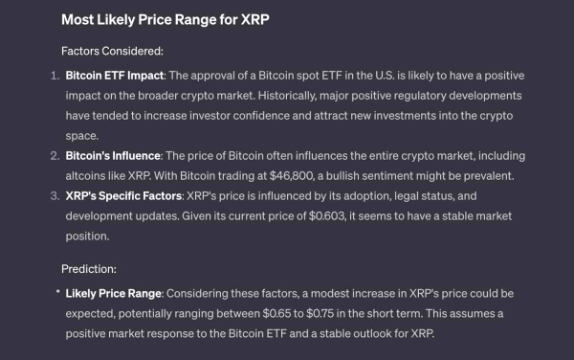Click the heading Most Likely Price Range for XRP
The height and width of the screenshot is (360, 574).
pyautogui.click(x=163, y=18)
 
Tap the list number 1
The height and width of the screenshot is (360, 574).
pyautogui.click(x=54, y=75)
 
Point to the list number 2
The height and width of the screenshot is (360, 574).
pyautogui.click(x=54, y=155)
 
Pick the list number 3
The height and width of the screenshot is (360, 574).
pyautogui.click(x=54, y=195)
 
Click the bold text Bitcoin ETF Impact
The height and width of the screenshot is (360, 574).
pyautogui.click(x=115, y=75)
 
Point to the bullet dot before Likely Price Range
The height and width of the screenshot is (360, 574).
pyautogui.click(x=56, y=291)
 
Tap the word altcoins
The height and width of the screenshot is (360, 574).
pyautogui.click(x=92, y=176)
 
